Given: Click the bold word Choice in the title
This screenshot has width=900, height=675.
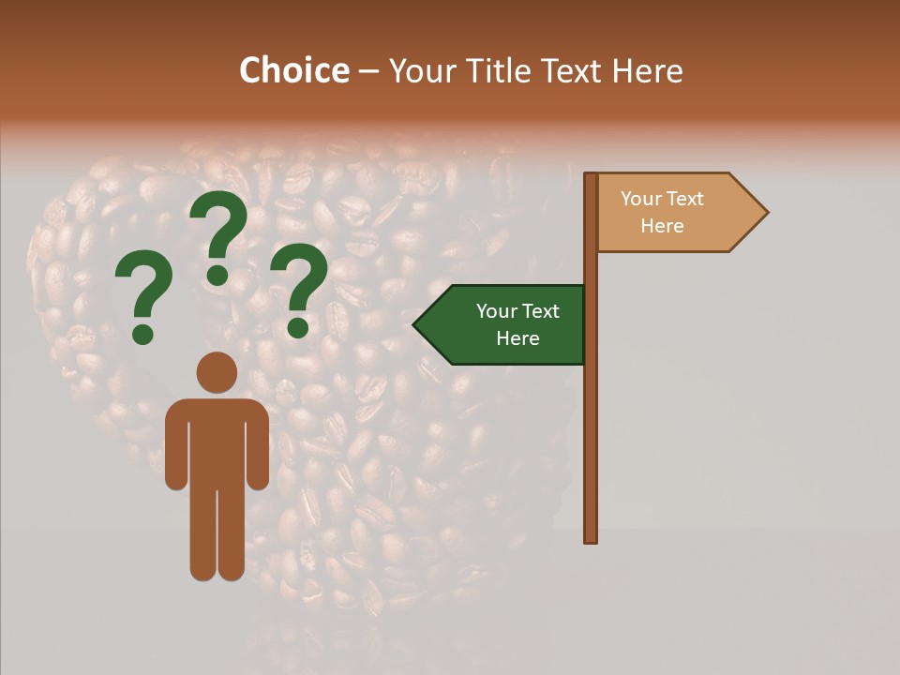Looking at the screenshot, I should (x=293, y=71).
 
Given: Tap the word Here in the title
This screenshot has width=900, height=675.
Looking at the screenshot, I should (x=647, y=71).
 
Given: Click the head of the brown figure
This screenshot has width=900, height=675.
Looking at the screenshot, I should (x=217, y=372).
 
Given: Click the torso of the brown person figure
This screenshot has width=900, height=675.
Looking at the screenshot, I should (x=217, y=441).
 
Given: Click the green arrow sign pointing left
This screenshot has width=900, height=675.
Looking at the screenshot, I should (x=506, y=324).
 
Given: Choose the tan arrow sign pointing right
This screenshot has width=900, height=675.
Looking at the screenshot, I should (x=670, y=212).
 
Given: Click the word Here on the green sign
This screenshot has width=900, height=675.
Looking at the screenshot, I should (x=517, y=338).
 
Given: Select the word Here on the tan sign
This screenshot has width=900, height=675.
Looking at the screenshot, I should (x=662, y=226).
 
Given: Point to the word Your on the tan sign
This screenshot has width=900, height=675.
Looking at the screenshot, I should (x=641, y=199).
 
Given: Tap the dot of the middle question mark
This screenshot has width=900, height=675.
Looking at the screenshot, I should (x=217, y=275).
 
